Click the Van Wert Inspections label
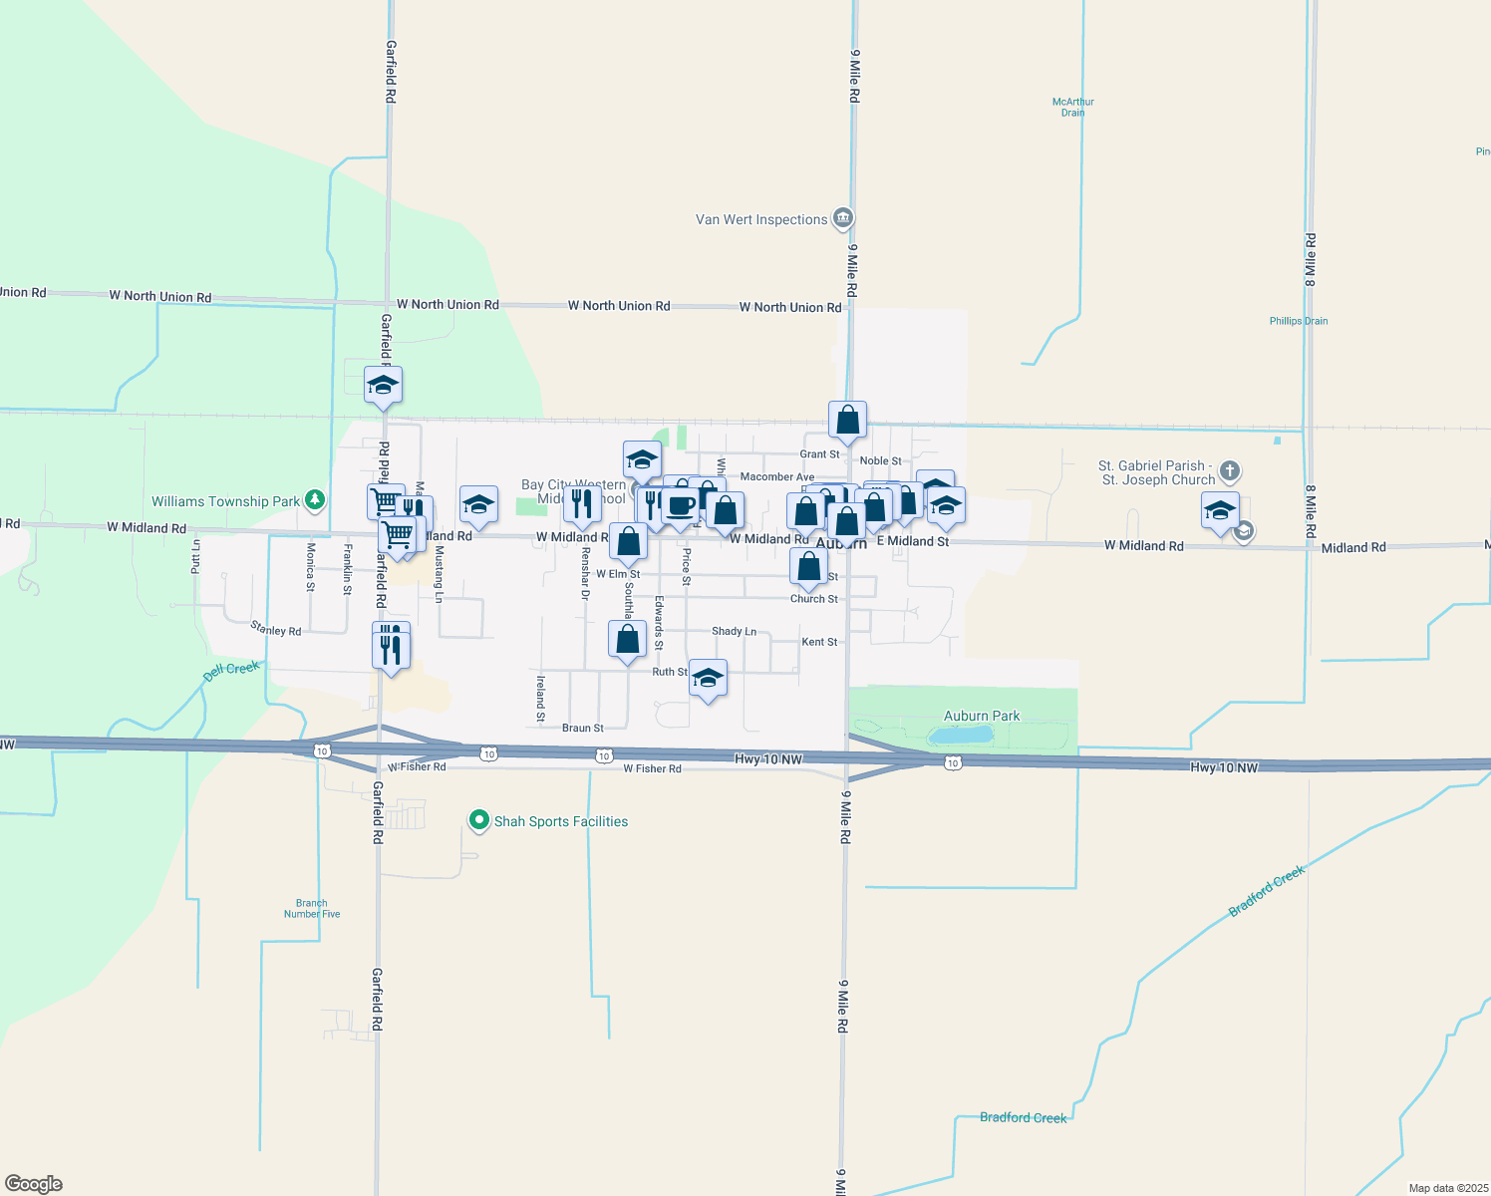761,219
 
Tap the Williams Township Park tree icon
315,499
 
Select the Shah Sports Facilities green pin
479,820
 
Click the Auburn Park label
982,716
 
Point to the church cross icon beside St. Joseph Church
1230,470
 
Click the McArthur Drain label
1073,107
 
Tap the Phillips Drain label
1299,321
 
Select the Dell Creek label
231,670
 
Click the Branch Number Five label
312,908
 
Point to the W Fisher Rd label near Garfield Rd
417,766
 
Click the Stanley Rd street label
276,629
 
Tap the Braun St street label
583,728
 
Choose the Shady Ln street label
734,631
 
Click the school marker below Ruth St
708,679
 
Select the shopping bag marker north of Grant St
847,421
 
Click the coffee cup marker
681,505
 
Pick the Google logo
34,1184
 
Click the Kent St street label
819,642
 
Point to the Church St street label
814,599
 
